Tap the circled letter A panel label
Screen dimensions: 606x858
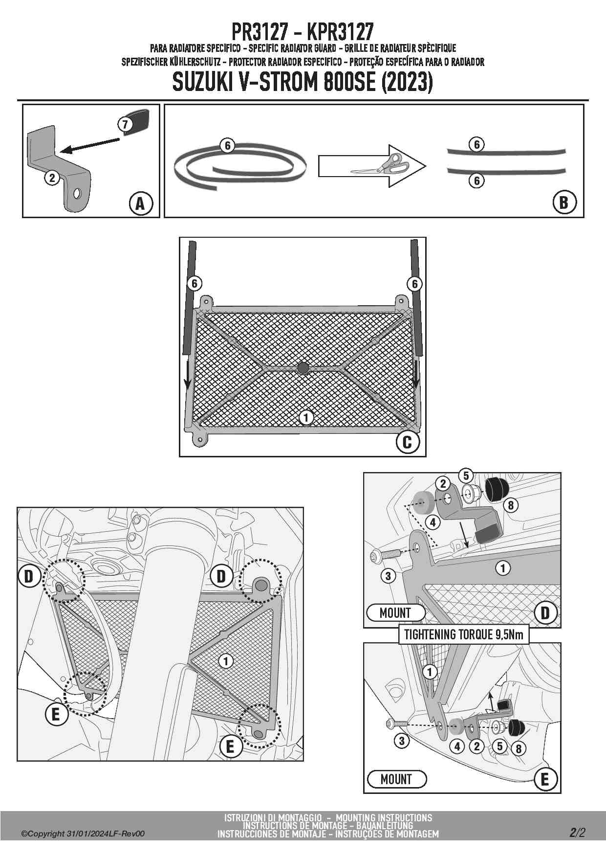(x=141, y=203)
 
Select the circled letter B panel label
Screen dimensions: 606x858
(x=564, y=202)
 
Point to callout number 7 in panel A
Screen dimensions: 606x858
(x=125, y=124)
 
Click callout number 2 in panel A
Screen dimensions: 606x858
(x=52, y=177)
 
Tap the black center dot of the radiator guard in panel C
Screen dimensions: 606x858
(x=303, y=368)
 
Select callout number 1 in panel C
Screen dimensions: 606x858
(x=306, y=417)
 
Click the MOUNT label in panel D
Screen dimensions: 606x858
(x=396, y=612)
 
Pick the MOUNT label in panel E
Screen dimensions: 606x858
(x=396, y=779)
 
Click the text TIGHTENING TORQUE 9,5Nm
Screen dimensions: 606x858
(x=464, y=634)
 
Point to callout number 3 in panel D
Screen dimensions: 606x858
(x=388, y=576)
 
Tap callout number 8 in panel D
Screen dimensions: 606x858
(x=511, y=505)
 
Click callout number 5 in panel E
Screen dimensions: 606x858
(x=499, y=746)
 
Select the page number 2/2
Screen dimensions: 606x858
(x=577, y=833)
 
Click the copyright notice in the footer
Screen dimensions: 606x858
(x=83, y=834)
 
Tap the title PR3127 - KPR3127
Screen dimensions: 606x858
(x=303, y=32)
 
